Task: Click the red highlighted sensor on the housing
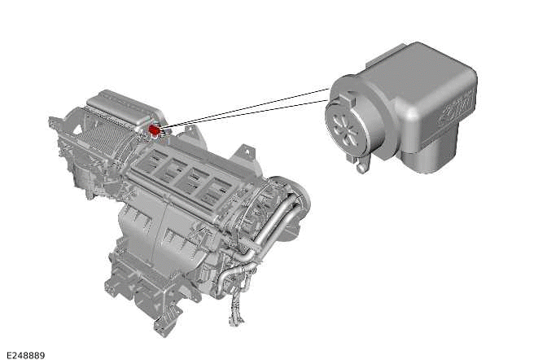point(154,130)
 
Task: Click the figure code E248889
point(25,355)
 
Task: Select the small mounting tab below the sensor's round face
point(358,165)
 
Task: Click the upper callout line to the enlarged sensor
point(244,106)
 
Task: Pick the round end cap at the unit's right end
point(295,195)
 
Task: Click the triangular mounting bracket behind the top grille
point(245,154)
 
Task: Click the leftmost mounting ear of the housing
point(55,125)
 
